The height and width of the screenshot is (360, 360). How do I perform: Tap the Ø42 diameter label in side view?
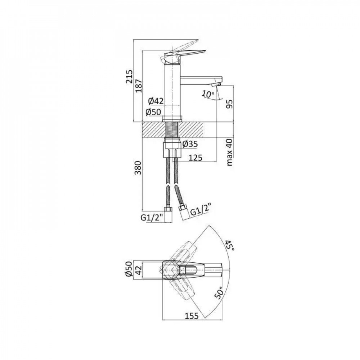pyautogui.click(x=156, y=101)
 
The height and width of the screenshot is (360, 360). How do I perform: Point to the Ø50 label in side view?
pyautogui.click(x=154, y=112)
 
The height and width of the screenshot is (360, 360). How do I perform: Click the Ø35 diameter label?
pyautogui.click(x=190, y=144)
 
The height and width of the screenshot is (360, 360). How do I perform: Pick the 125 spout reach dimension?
pyautogui.click(x=194, y=157)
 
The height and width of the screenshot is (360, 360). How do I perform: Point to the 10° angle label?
pyautogui.click(x=208, y=94)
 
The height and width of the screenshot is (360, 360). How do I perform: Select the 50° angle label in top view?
pyautogui.click(x=219, y=295)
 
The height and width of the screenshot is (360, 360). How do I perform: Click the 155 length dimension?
pyautogui.click(x=193, y=316)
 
